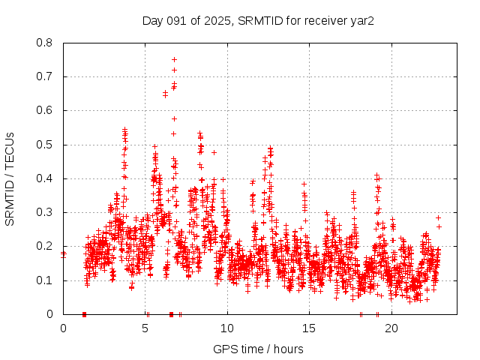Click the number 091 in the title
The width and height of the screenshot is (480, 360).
(x=177, y=20)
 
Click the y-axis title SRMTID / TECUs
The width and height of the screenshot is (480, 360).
(x=10, y=178)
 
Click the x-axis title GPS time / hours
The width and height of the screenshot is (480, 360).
(x=258, y=349)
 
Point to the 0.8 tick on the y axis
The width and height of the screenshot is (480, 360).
(x=45, y=43)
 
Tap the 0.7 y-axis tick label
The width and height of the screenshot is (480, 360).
(x=45, y=76)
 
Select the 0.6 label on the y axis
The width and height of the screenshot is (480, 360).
(x=45, y=110)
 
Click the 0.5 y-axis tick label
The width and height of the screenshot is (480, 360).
(x=45, y=145)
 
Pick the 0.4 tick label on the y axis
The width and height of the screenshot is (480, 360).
(x=45, y=178)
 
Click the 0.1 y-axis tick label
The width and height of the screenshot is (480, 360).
(x=45, y=280)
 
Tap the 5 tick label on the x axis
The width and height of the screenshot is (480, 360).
(x=145, y=328)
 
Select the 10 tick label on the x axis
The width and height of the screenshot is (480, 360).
(x=227, y=328)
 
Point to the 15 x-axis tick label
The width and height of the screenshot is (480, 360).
(x=309, y=328)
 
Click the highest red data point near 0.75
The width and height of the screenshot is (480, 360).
(x=174, y=59)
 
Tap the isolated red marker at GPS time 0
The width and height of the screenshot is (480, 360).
(x=63, y=253)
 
